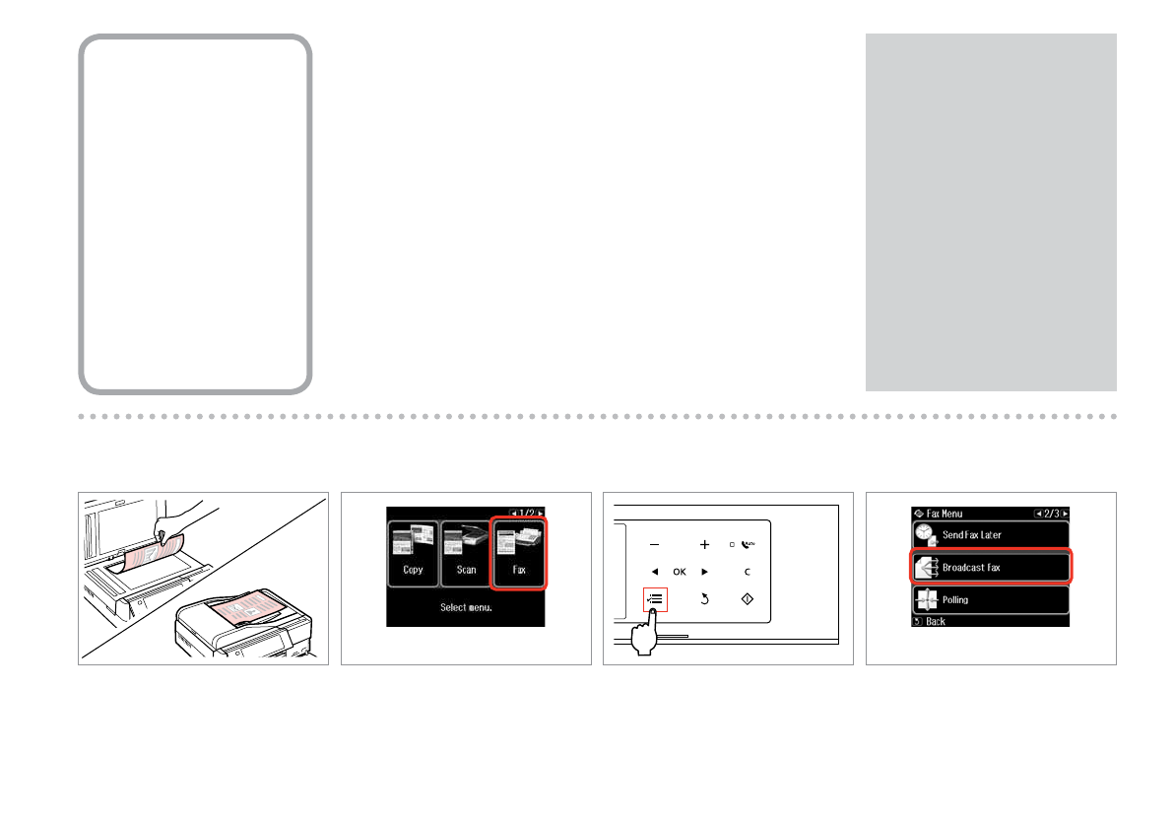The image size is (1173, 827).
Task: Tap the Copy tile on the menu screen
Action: click(x=413, y=553)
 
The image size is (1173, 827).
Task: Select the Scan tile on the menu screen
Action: click(x=466, y=553)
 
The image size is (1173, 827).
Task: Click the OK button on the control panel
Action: click(x=680, y=572)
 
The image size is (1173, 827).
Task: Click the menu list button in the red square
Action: click(x=655, y=597)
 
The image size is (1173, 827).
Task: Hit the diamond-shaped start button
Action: click(x=746, y=597)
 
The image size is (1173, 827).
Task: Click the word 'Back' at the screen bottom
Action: click(x=935, y=622)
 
